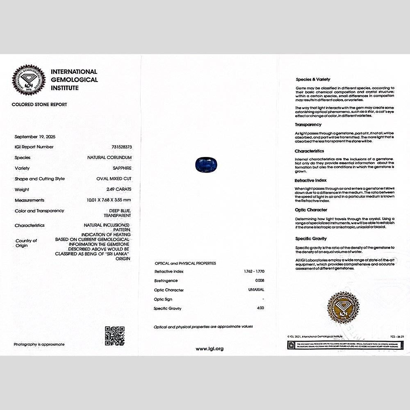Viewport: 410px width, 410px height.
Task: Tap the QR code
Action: tap(114, 335)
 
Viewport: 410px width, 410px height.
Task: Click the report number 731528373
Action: tap(121, 147)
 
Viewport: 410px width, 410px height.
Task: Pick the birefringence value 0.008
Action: tap(260, 281)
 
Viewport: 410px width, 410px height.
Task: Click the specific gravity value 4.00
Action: tap(260, 308)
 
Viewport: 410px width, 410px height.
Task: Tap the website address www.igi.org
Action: tap(210, 348)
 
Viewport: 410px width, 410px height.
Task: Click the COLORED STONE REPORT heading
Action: tap(39, 105)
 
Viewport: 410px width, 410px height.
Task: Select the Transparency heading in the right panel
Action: tap(308, 125)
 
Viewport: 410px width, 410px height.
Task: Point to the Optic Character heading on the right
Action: tap(311, 210)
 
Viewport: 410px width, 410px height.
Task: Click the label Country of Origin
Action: tap(26, 243)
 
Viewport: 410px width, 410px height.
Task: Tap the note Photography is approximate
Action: tap(39, 344)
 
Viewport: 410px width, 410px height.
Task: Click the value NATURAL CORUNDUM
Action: tap(109, 157)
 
